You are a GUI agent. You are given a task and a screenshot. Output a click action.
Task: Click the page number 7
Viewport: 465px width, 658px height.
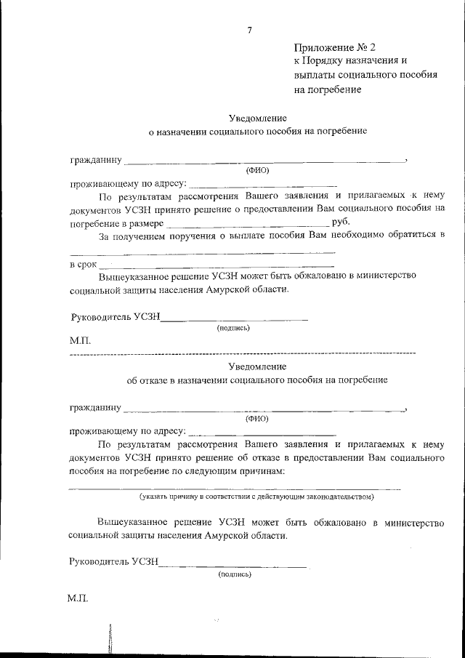click(249, 30)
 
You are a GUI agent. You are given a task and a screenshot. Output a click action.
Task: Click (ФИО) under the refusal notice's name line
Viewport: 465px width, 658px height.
click(257, 419)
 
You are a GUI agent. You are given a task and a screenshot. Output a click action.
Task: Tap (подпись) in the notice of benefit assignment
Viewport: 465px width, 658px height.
click(233, 327)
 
